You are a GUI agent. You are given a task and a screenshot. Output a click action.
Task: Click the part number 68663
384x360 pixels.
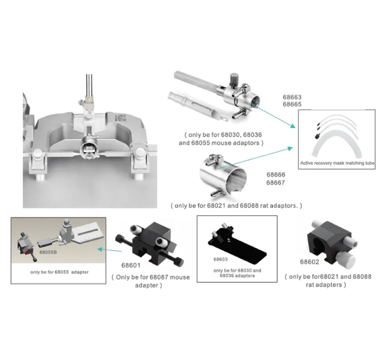pos(292,97)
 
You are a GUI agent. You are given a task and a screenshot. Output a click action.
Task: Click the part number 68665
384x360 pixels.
pos(292,104)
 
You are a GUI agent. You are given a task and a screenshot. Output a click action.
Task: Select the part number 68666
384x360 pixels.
pos(276,175)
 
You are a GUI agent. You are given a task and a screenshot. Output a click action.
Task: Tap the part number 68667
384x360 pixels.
pos(276,183)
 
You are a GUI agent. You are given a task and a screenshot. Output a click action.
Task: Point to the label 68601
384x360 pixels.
pos(130,265)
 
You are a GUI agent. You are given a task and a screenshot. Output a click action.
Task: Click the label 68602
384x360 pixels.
pos(309,262)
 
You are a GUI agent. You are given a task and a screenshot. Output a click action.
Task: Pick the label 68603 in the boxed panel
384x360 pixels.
pos(220,260)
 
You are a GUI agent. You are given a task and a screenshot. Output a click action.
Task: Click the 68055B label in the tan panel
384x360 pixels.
pos(48,252)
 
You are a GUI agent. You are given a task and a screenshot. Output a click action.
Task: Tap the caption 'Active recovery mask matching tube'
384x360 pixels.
pos(337,163)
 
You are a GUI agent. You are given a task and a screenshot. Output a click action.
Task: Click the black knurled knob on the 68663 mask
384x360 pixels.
pos(234,78)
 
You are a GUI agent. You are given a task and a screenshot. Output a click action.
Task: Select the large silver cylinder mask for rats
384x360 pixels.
pos(223,175)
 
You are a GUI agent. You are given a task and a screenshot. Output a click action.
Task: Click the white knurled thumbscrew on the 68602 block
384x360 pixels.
pos(345,260)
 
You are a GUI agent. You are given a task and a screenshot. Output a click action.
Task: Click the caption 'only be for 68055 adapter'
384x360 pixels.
pos(59,272)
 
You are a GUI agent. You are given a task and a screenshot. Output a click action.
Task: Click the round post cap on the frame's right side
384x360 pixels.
pos(139,153)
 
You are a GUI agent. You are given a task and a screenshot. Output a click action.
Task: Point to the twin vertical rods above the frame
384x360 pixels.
pos(89,85)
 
